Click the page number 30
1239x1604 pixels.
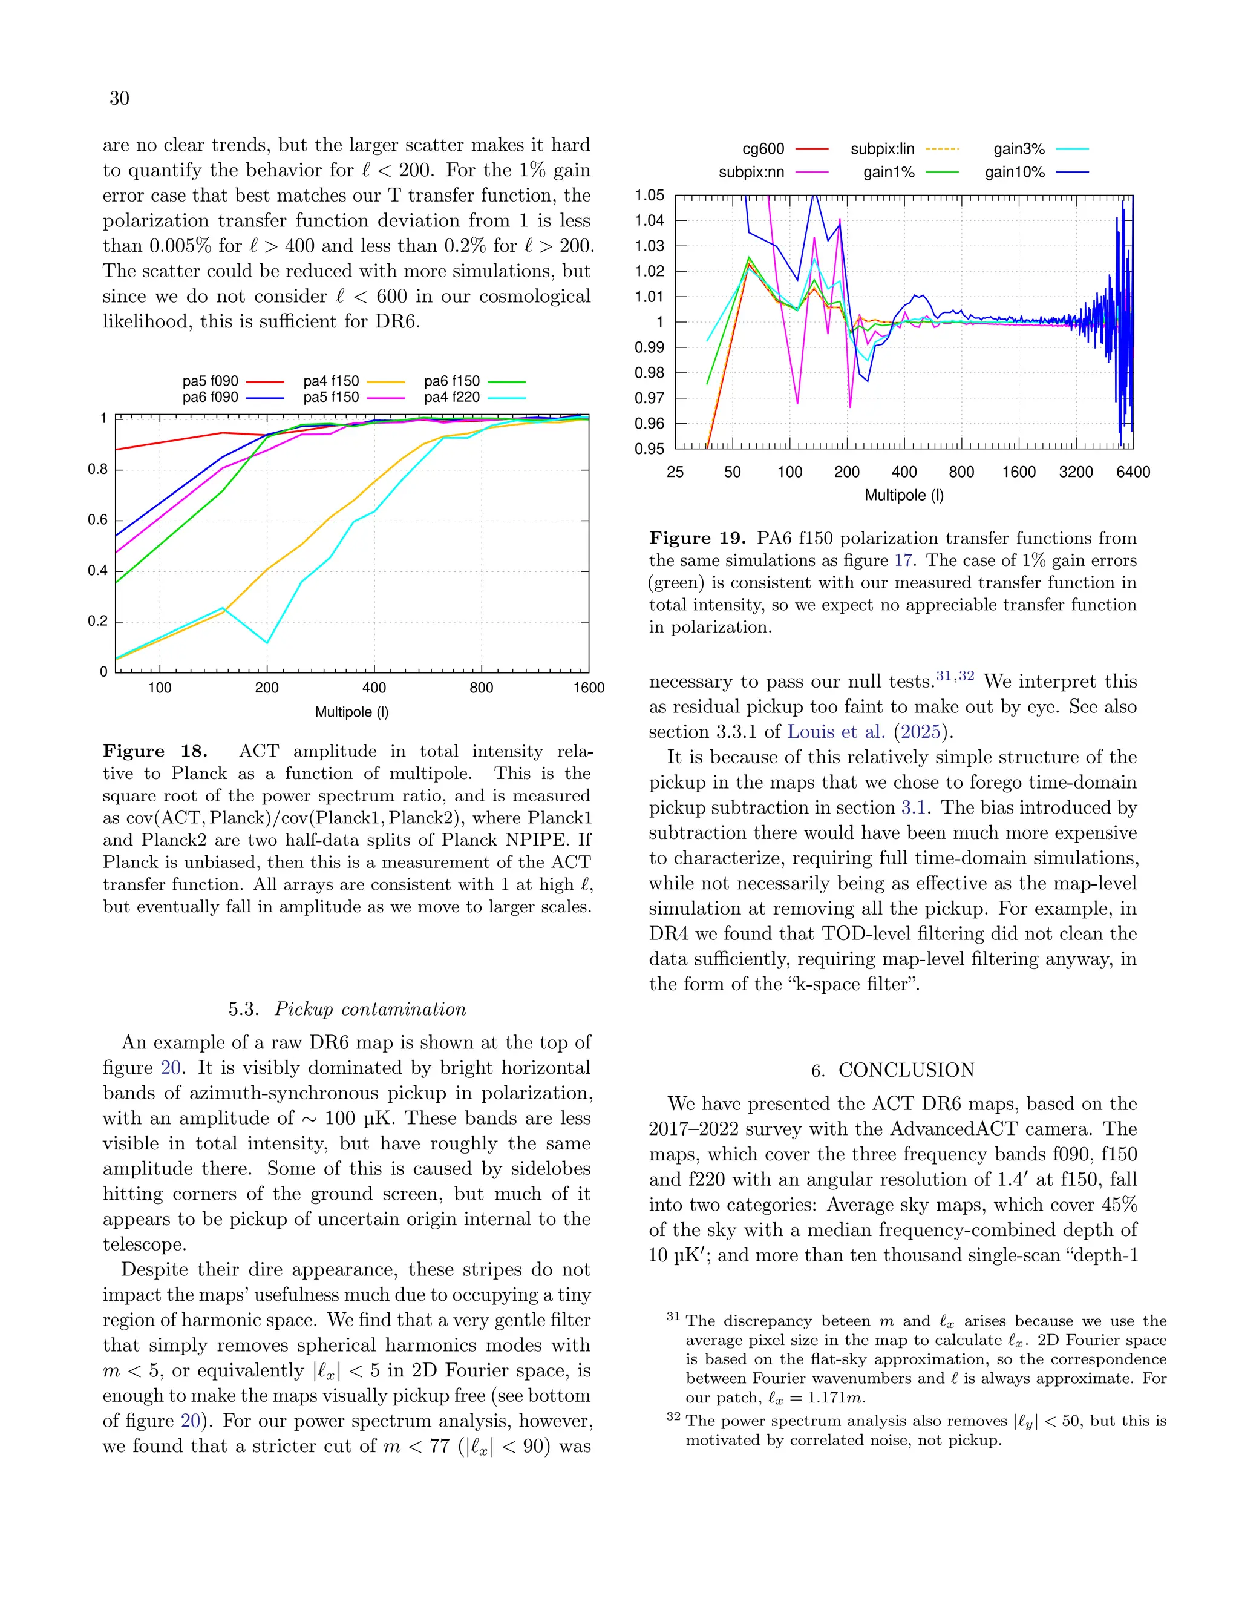[119, 99]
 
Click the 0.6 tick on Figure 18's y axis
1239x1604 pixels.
[97, 520]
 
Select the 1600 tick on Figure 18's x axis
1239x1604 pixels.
[589, 688]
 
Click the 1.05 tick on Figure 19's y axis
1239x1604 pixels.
[650, 196]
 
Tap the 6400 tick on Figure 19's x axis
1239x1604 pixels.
[1133, 472]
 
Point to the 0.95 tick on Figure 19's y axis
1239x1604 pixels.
[650, 449]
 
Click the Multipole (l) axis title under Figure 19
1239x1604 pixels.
[904, 495]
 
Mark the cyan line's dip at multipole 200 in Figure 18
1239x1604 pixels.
[266, 643]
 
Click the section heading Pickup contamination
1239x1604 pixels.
[370, 1009]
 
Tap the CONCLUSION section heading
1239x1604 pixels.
[906, 1070]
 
